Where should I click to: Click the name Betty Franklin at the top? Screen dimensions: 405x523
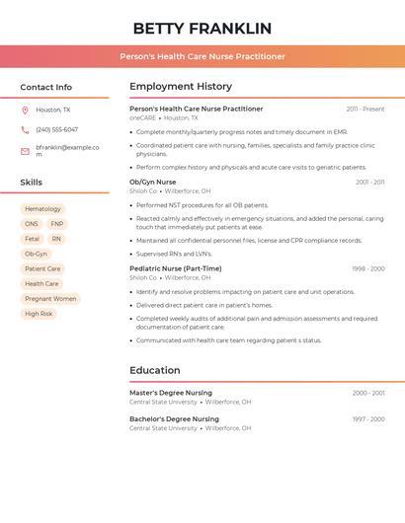click(202, 28)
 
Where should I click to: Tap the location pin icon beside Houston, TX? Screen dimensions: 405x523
click(25, 110)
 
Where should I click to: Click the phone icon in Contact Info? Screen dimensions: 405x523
click(25, 129)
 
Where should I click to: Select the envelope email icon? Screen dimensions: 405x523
click(25, 150)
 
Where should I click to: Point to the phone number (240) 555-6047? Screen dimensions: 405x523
click(56, 129)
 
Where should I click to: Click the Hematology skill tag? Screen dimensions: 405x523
click(42, 209)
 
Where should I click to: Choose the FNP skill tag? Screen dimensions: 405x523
click(56, 224)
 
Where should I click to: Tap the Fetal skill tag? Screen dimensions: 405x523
click(32, 239)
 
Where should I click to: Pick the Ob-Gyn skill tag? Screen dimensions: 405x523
click(36, 254)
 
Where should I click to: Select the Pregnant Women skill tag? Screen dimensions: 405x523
click(50, 299)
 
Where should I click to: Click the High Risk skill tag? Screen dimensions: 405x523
click(39, 314)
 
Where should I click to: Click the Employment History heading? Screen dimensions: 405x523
click(181, 87)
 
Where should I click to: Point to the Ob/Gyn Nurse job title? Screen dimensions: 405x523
click(152, 182)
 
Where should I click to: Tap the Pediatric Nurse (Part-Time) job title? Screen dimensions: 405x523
click(175, 268)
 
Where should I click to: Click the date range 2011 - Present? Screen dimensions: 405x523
click(365, 109)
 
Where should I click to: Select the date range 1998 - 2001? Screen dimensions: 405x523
click(367, 268)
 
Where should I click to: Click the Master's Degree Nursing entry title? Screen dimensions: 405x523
click(170, 393)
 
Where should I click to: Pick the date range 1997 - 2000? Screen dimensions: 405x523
click(367, 419)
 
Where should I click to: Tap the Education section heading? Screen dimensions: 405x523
click(154, 371)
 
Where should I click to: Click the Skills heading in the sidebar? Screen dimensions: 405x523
click(31, 183)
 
